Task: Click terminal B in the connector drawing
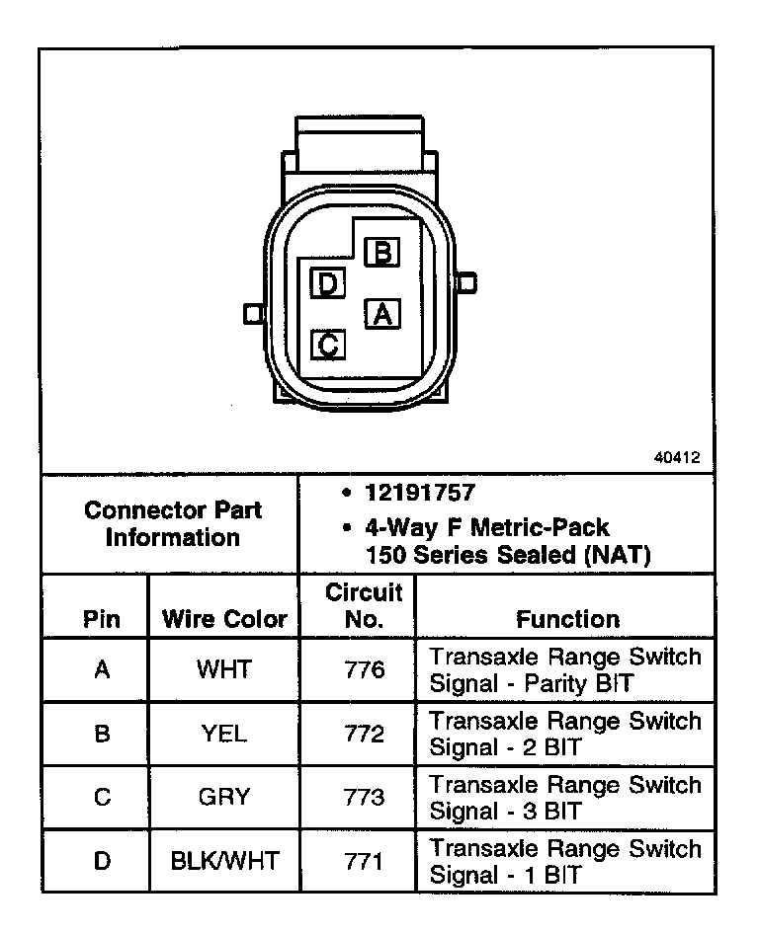(x=382, y=253)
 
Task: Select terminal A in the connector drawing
(x=383, y=313)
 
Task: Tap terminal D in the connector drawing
(x=327, y=284)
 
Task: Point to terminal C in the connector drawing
(x=329, y=345)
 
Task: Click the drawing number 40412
(x=677, y=458)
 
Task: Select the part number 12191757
(x=419, y=494)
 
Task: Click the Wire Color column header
(x=224, y=620)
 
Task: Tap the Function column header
(x=567, y=620)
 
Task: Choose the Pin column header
(x=102, y=620)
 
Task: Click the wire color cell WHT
(x=224, y=670)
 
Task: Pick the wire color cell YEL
(x=224, y=735)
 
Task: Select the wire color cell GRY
(x=224, y=798)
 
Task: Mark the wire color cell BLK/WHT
(x=224, y=861)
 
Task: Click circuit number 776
(x=364, y=670)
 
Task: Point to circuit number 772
(x=364, y=735)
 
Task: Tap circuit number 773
(x=364, y=798)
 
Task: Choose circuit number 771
(x=364, y=861)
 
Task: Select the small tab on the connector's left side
(x=253, y=313)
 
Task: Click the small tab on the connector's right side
(x=467, y=283)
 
